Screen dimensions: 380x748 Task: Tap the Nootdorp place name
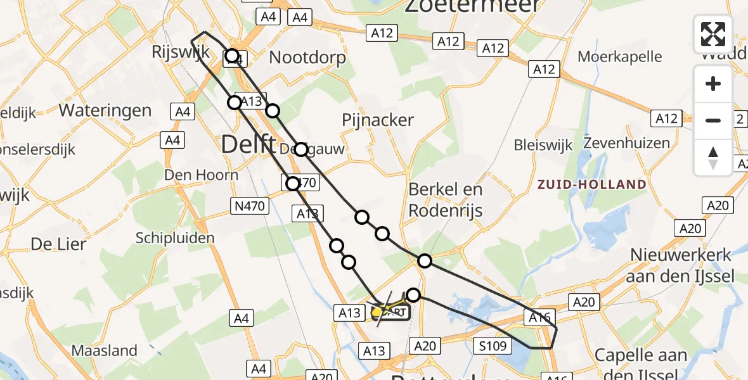pos(307,58)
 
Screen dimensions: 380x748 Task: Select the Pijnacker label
pos(377,120)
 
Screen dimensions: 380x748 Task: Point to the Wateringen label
pos(105,110)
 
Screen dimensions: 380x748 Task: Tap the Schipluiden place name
pos(175,238)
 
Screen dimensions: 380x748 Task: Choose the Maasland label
pos(105,350)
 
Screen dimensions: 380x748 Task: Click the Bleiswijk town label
pos(543,145)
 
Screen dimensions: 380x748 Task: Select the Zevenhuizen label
pos(627,142)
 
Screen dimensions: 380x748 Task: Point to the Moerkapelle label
pos(620,56)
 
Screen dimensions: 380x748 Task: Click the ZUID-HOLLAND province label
pos(592,185)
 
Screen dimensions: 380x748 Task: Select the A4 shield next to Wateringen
pos(183,112)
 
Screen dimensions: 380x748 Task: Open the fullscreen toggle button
pos(713,34)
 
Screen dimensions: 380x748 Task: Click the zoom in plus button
pos(713,84)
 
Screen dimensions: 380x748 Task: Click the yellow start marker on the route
pos(377,312)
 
